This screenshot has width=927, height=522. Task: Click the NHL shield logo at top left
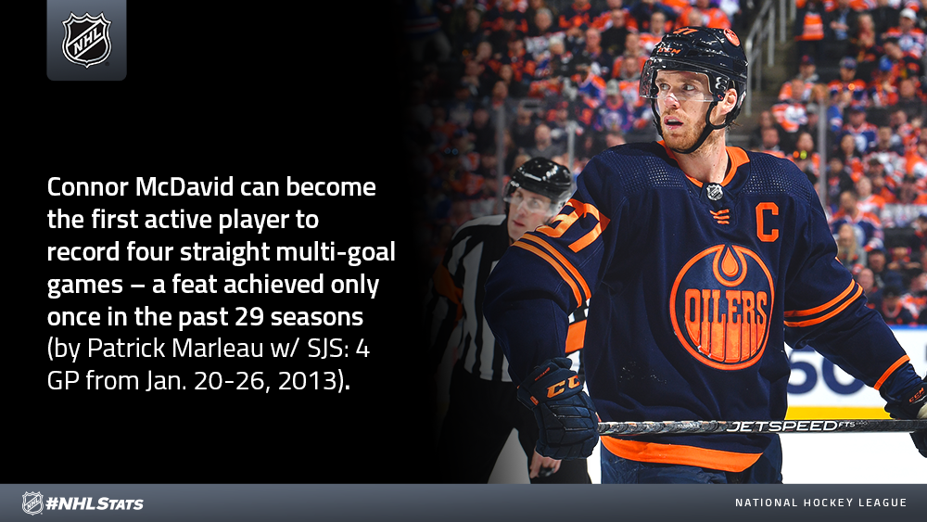tap(86, 39)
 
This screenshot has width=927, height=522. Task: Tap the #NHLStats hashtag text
tap(95, 503)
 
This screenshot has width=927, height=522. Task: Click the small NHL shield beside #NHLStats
tap(32, 503)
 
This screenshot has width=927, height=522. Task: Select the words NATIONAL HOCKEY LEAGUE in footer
tap(820, 503)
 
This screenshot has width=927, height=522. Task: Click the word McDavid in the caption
tap(184, 186)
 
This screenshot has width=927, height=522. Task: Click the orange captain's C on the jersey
tap(768, 223)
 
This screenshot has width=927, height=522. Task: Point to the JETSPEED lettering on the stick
tap(781, 426)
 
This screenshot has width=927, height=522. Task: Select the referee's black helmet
tap(539, 178)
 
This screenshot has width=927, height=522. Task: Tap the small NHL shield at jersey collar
tap(715, 192)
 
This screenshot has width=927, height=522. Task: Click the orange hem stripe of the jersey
tap(679, 455)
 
